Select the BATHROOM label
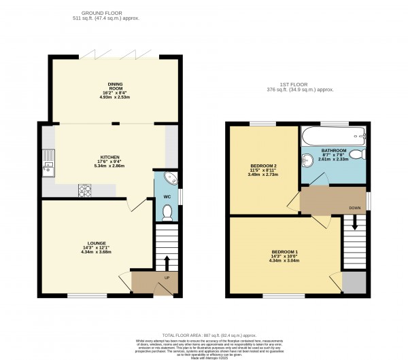pos(334,150)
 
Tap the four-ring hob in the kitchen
pos(86,190)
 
